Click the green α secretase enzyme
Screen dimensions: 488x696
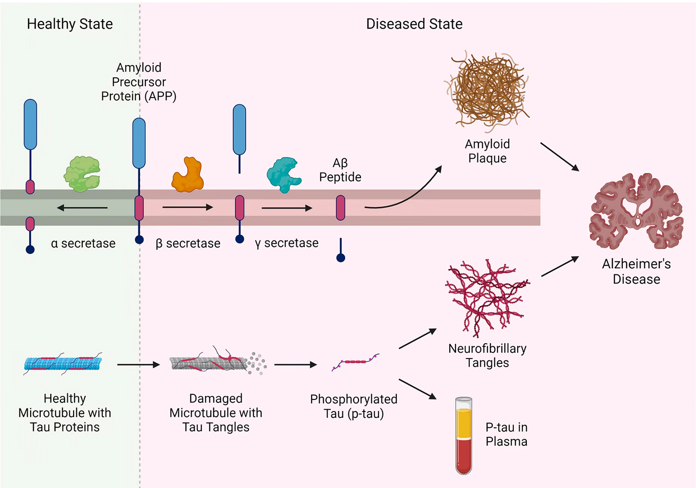82,174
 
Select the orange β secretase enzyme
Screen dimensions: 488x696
188,175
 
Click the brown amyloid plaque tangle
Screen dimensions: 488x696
487,91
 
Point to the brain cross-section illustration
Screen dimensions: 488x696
636,211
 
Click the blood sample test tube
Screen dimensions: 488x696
464,435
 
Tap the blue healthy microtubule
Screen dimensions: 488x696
63,363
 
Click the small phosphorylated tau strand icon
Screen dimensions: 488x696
355,362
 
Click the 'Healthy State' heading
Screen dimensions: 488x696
70,24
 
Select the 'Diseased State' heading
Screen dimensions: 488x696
414,24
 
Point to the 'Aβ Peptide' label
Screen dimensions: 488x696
340,170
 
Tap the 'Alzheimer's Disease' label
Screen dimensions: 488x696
636,271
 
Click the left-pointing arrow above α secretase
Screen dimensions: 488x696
82,207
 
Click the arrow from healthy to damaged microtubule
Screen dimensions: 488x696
139,365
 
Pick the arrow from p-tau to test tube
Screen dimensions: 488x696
417,389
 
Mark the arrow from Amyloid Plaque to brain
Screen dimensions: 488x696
560,156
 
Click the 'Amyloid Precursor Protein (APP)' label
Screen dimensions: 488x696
139,82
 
